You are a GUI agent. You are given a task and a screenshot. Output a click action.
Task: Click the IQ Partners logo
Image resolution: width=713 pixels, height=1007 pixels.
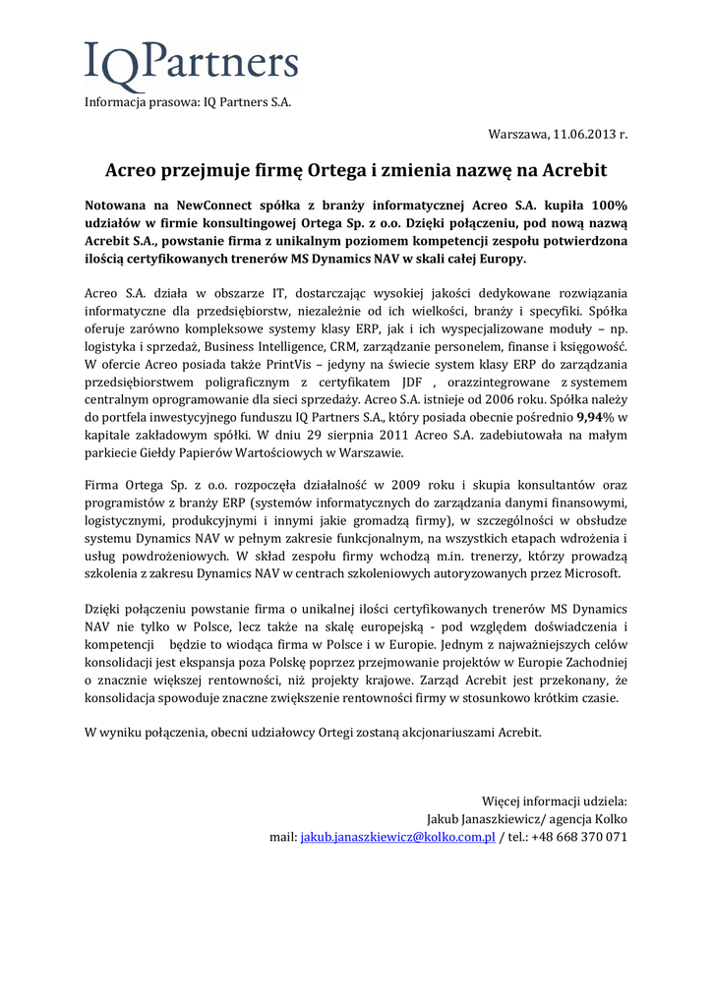click(x=191, y=65)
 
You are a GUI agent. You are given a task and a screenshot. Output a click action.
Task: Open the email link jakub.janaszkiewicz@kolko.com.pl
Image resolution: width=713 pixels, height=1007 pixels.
click(x=397, y=837)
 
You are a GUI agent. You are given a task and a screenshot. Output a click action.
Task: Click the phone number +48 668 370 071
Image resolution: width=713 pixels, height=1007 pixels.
click(x=577, y=837)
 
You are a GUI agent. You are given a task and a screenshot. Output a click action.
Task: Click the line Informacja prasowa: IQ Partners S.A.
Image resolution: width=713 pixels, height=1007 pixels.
click(x=188, y=101)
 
